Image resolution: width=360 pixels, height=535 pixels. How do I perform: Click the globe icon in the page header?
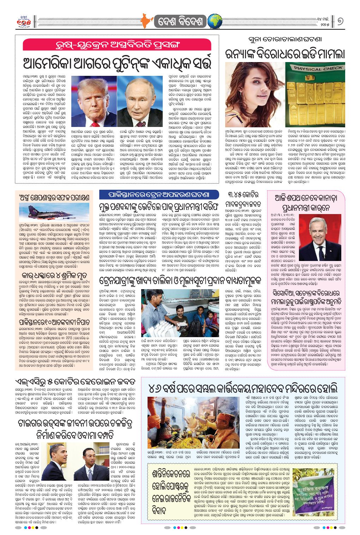tap(214, 22)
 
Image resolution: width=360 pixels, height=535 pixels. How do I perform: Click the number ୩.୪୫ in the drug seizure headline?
tap(238, 195)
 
